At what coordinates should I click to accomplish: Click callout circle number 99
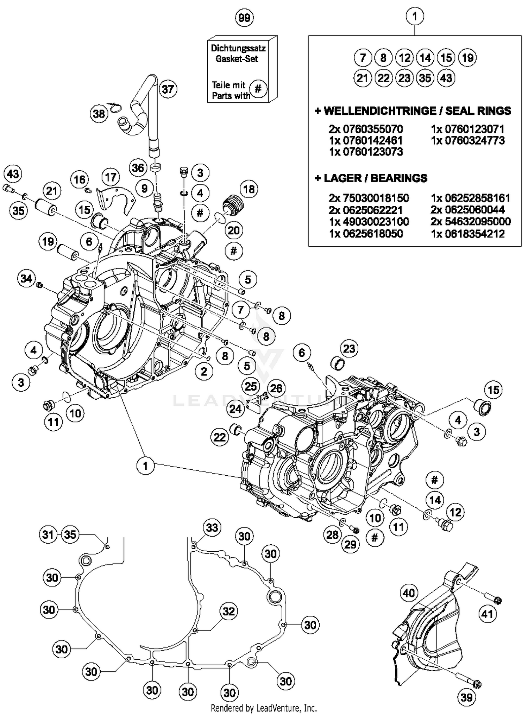click(x=244, y=18)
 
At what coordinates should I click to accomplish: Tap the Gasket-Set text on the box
click(x=237, y=59)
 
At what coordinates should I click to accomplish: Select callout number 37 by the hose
click(x=168, y=89)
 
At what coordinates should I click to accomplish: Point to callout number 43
click(x=13, y=174)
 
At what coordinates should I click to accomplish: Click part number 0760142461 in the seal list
click(x=366, y=140)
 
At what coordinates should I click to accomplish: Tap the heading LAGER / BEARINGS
click(x=371, y=178)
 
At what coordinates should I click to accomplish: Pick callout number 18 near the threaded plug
click(x=249, y=189)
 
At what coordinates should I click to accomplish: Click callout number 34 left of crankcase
click(x=26, y=279)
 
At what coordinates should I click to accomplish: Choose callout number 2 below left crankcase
click(x=204, y=372)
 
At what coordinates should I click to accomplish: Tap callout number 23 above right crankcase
click(x=349, y=349)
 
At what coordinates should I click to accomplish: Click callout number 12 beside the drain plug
click(x=455, y=512)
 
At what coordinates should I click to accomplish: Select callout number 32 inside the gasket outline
click(x=229, y=611)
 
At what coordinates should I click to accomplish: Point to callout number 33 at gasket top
click(x=212, y=527)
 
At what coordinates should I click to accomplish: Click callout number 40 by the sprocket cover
click(x=409, y=593)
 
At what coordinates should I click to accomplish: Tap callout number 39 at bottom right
click(x=467, y=697)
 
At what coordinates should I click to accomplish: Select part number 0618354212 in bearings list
click(x=468, y=234)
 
